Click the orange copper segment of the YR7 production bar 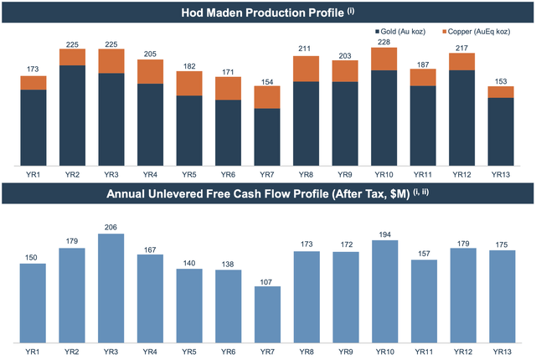point(268,96)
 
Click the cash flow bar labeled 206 point(111,288)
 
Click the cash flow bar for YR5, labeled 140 point(189,306)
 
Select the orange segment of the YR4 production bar point(150,71)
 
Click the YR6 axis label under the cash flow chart point(228,352)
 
